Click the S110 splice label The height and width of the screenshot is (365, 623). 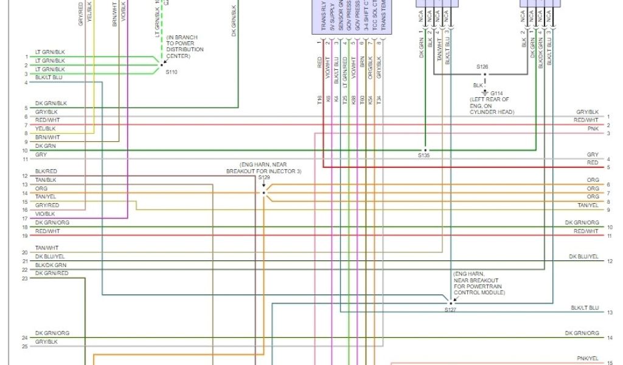click(x=172, y=72)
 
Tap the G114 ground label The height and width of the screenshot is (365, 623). click(x=497, y=93)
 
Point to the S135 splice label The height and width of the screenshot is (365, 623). click(x=423, y=155)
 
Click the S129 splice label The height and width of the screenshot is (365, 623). click(x=263, y=178)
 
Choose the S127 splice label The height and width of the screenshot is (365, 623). click(x=450, y=310)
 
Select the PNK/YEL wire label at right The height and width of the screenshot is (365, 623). click(x=588, y=358)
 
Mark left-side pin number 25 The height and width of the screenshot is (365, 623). click(x=24, y=347)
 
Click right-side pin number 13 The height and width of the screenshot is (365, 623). click(x=610, y=313)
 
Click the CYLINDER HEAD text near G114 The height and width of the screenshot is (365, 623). click(x=492, y=112)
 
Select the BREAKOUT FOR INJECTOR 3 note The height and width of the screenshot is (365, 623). click(x=263, y=171)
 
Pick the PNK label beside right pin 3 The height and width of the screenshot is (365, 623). click(x=593, y=129)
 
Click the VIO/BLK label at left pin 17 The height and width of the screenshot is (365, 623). click(x=45, y=214)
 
